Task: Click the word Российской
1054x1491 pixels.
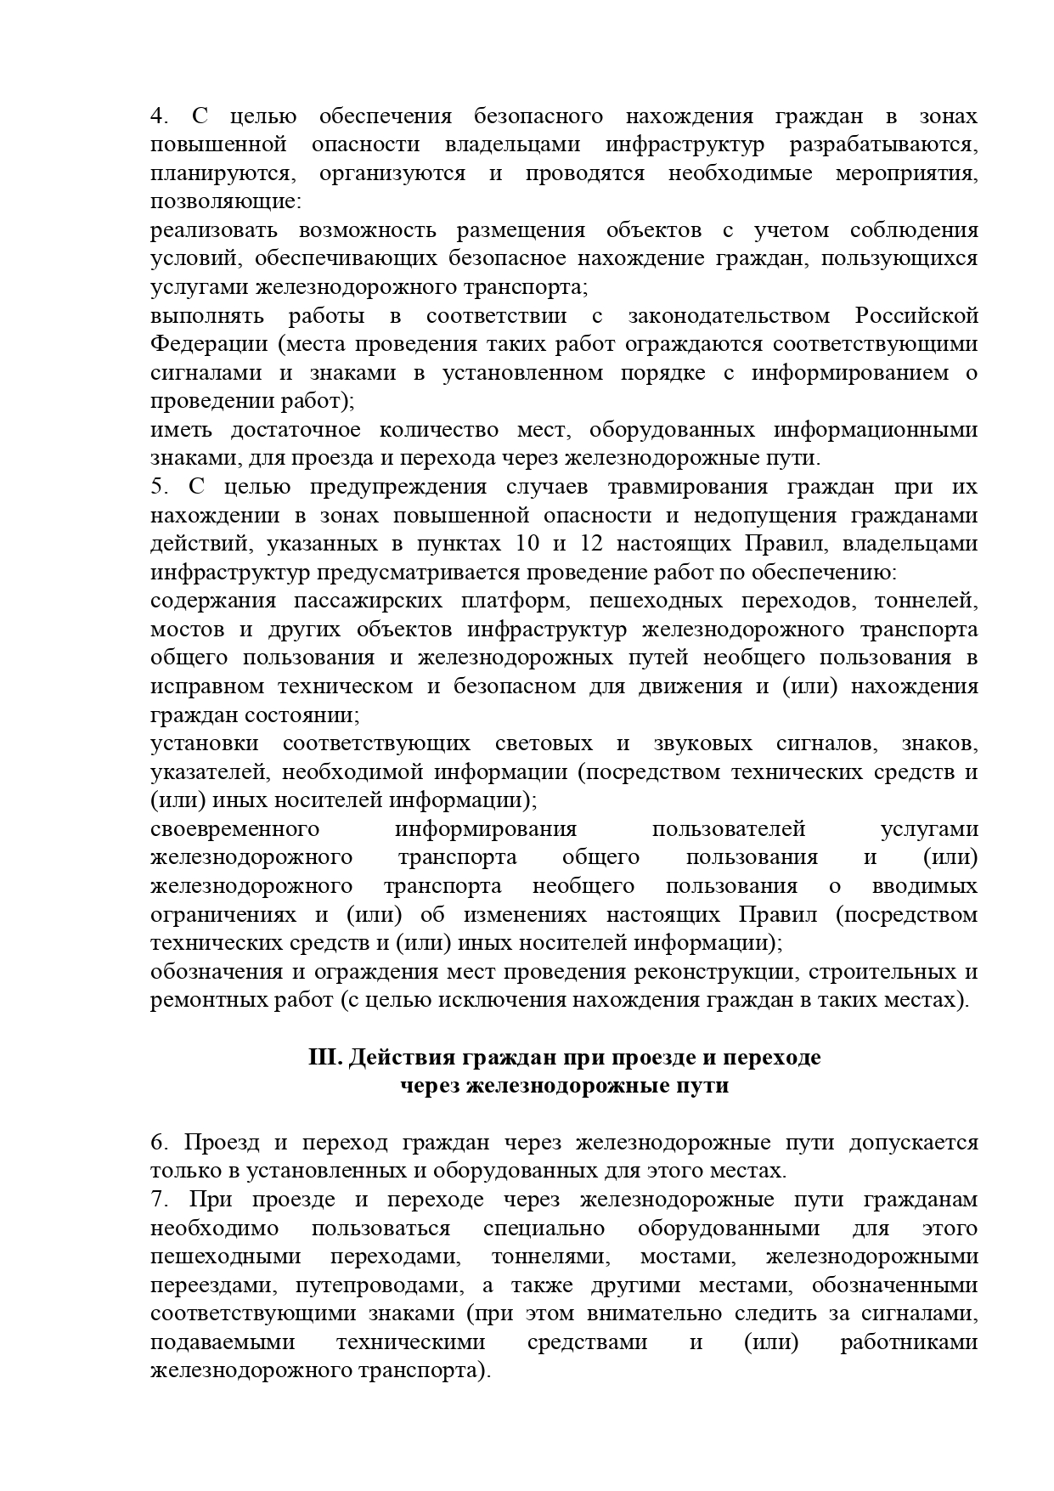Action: [x=916, y=316]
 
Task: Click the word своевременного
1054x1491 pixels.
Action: [x=234, y=829]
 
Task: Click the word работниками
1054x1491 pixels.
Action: [x=908, y=1342]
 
